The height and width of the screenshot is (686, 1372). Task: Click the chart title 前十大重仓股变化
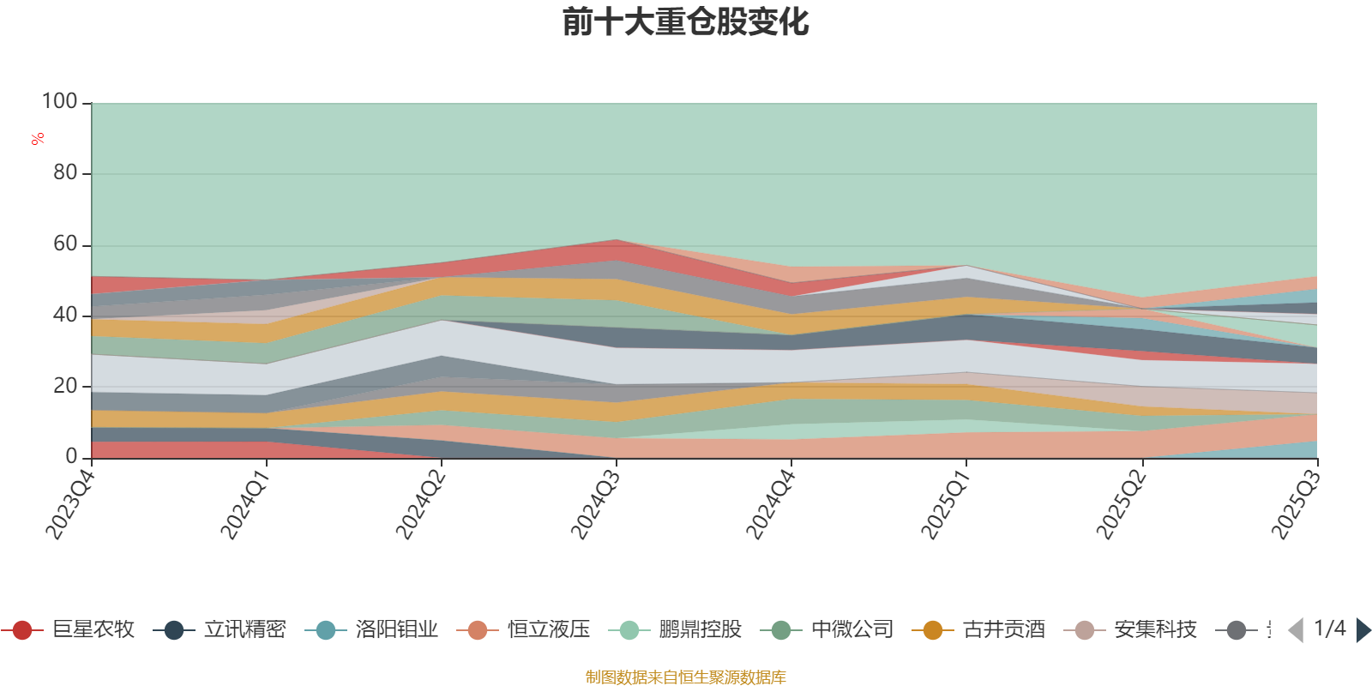(686, 22)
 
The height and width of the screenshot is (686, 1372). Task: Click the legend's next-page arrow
(1363, 630)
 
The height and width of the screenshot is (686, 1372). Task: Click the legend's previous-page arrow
(1296, 630)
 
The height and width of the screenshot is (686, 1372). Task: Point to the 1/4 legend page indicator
(1329, 629)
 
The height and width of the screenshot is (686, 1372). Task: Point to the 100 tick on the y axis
(60, 102)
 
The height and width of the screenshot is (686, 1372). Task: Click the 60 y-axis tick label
(65, 244)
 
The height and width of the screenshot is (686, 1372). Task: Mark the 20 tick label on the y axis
(65, 386)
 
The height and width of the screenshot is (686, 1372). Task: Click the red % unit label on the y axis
(38, 138)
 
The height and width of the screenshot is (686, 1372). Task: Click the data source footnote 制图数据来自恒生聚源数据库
(686, 677)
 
